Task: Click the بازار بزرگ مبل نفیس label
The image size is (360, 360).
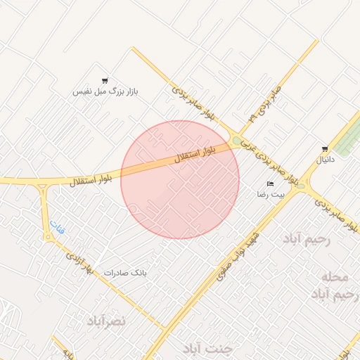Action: (107, 91)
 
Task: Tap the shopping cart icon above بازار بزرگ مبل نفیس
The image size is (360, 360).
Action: (105, 81)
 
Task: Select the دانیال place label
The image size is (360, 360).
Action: (328, 160)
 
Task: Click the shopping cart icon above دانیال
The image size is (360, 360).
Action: (324, 148)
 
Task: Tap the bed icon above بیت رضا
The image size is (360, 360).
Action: (271, 184)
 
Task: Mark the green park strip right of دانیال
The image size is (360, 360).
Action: (345, 138)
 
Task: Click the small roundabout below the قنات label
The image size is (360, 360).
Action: (47, 238)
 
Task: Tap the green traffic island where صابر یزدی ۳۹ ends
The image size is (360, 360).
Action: (238, 140)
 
